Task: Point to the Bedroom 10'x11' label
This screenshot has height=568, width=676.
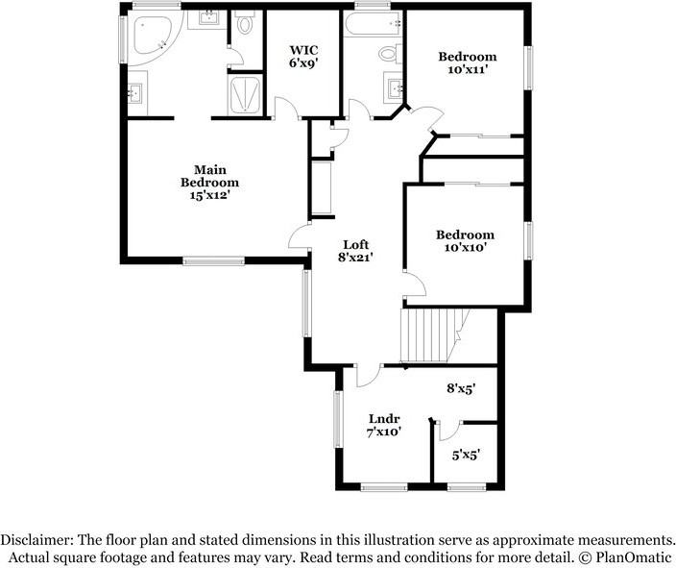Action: pos(468,63)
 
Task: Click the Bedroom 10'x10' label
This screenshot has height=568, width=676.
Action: pos(465,240)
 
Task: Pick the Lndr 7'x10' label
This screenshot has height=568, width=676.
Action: pos(384,425)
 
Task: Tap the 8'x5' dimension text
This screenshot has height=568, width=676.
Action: pos(461,389)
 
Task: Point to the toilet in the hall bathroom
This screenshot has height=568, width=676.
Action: pos(390,54)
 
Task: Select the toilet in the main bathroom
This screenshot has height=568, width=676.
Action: pos(244,25)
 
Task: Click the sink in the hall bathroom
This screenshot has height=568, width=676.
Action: pos(396,89)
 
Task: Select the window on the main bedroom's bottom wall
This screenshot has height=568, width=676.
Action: pos(214,259)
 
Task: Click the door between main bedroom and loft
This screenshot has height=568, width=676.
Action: pos(299,238)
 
